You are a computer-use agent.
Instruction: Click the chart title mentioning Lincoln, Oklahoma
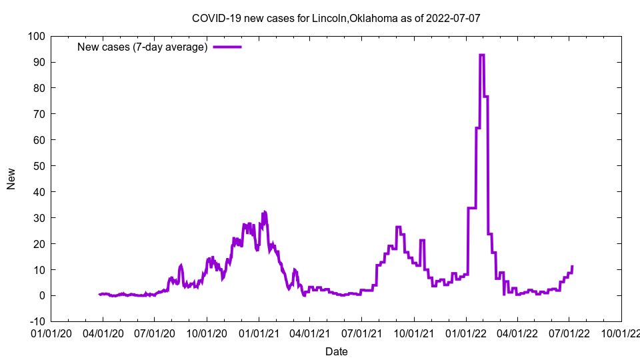pos(335,18)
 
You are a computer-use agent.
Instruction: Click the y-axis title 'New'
pos(11,179)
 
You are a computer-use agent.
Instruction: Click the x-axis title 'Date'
pos(336,351)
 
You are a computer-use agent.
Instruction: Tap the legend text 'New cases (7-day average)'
pos(143,47)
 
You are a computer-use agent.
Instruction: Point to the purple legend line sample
pos(227,47)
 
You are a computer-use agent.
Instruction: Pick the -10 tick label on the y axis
pos(36,322)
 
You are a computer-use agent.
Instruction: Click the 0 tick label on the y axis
pos(41,296)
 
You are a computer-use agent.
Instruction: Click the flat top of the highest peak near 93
pos(481,55)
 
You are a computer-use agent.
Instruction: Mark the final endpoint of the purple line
pos(572,267)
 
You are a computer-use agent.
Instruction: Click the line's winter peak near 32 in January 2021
pos(265,212)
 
